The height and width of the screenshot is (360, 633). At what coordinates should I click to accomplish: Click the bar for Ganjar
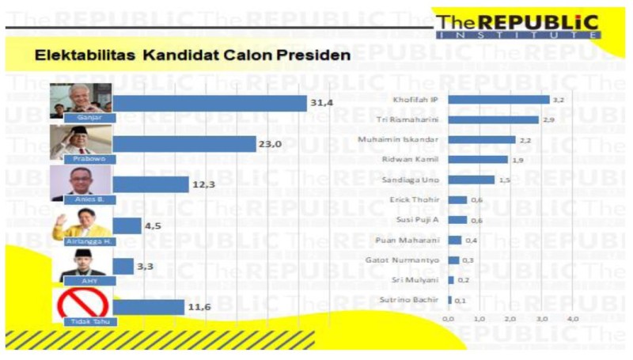click(x=210, y=103)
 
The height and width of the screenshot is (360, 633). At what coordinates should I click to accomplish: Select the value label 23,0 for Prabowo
click(x=271, y=144)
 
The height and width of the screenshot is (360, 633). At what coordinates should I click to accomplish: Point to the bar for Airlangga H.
click(x=127, y=225)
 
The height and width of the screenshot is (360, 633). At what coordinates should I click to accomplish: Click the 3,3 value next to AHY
click(x=145, y=267)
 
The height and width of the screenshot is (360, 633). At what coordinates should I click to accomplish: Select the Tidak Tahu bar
click(x=149, y=306)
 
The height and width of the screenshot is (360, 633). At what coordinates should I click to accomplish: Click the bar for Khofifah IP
click(x=498, y=100)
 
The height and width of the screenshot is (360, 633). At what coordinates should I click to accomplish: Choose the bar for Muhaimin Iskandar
click(x=482, y=139)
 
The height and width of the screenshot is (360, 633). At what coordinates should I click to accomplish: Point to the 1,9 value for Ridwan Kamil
click(x=519, y=159)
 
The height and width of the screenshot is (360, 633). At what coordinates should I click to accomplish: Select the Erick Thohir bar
click(x=457, y=199)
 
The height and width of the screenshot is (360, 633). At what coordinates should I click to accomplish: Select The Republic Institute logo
click(x=518, y=25)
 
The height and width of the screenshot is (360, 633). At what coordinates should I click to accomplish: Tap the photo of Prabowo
click(x=81, y=141)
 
